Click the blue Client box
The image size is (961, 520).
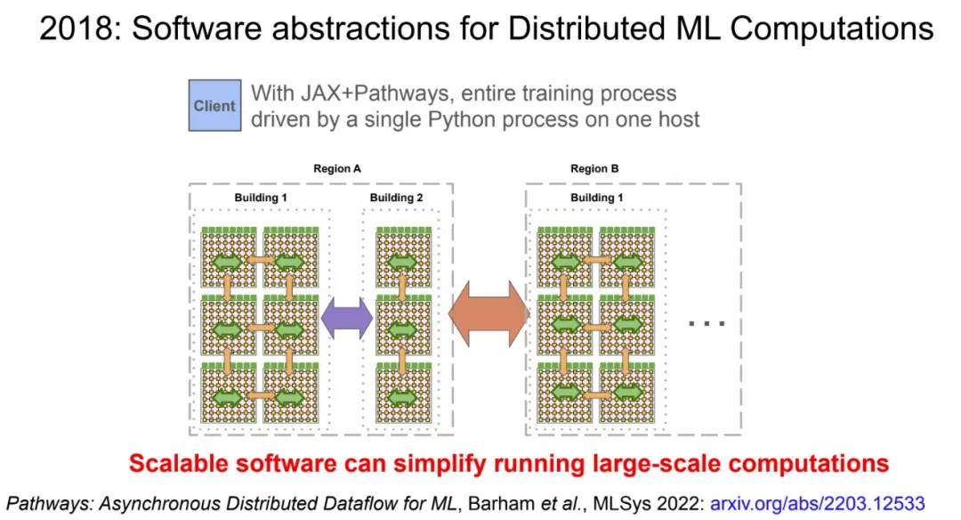214,106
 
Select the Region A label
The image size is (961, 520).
336,168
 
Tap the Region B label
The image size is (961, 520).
594,168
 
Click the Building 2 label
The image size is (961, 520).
396,198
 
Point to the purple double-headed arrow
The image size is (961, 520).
346,318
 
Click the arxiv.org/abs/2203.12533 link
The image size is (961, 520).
818,503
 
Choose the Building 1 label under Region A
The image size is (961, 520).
261,198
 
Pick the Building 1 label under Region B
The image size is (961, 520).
597,198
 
